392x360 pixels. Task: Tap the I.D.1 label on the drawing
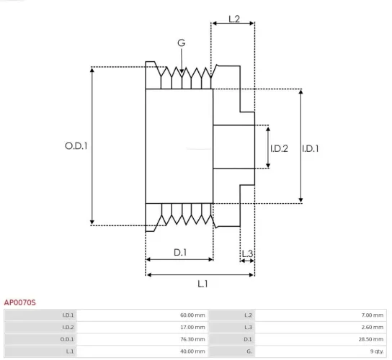[311, 149]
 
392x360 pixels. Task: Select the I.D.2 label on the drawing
[279, 149]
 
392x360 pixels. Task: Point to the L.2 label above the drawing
[234, 19]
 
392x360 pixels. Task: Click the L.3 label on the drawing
[247, 253]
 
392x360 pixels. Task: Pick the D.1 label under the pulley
[180, 252]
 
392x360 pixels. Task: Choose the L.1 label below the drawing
[202, 283]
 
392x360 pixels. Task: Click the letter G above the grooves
[181, 43]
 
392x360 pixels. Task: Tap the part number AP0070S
[20, 303]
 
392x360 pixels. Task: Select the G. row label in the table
[249, 351]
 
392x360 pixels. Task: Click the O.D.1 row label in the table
[67, 339]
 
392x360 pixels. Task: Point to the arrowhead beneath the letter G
[182, 71]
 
